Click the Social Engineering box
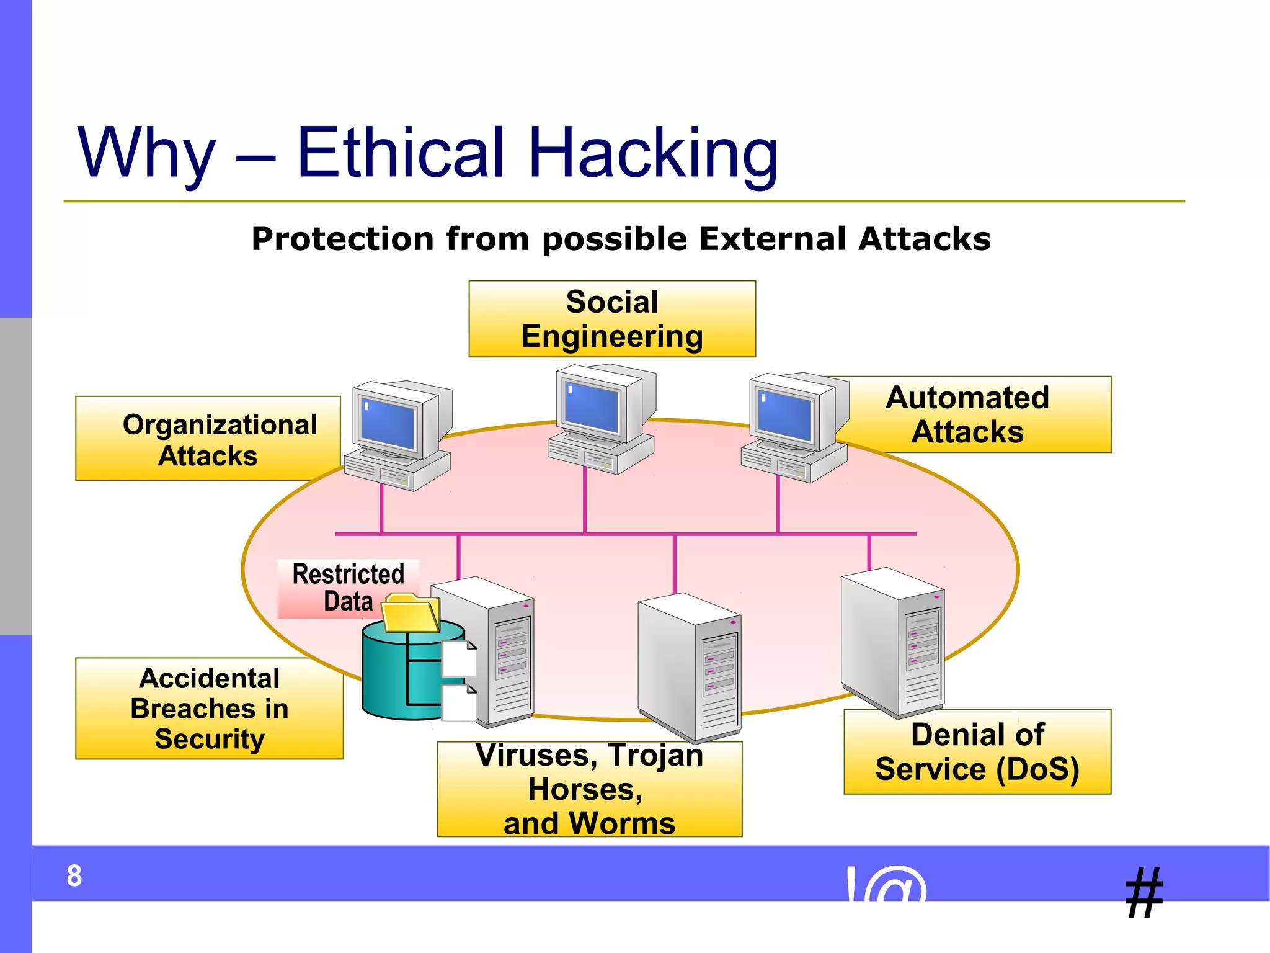[x=612, y=319]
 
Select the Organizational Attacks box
[x=208, y=439]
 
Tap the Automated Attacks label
[x=967, y=414]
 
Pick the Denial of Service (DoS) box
[x=977, y=752]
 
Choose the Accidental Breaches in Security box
[x=209, y=708]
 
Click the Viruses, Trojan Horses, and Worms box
[x=589, y=789]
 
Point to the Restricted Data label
[x=348, y=588]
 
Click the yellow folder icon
[x=410, y=613]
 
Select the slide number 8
[x=74, y=875]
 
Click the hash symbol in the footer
[x=1144, y=893]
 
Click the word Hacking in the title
[x=654, y=153]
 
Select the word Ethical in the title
[x=400, y=153]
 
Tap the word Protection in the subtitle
[x=342, y=239]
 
